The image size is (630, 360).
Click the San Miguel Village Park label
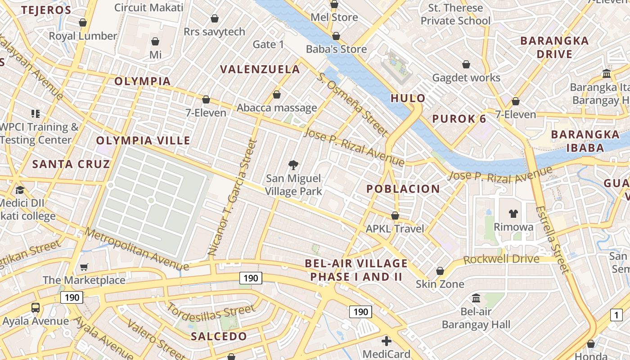tap(293, 185)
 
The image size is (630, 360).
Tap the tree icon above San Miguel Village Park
tap(293, 165)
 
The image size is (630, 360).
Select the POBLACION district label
tap(403, 189)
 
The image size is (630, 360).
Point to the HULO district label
tap(408, 98)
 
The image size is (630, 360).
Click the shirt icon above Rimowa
tap(513, 213)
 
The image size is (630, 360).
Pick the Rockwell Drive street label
tap(501, 260)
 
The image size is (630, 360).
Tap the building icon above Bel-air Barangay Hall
tap(476, 298)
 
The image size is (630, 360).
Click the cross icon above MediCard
tap(386, 341)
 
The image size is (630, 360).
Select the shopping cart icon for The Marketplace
tap(84, 267)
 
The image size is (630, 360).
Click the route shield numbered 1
tap(616, 315)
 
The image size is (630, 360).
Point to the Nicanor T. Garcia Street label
tap(233, 198)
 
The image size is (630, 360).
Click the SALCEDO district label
tap(219, 337)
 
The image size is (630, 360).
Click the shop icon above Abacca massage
tap(276, 95)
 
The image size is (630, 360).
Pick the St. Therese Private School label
tap(455, 14)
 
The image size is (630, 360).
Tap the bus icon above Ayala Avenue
tap(35, 308)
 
